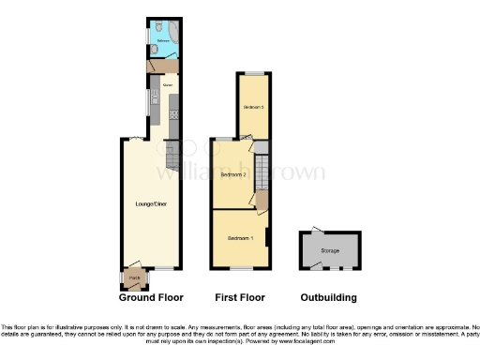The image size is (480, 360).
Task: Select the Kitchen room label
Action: pos(169,85)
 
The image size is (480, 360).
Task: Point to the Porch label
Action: pos(134,278)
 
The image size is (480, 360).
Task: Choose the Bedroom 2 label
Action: pos(233,175)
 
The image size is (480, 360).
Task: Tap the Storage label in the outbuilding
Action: pos(330,251)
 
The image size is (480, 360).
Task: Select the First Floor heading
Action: pos(240,298)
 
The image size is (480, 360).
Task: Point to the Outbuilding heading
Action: pos(328,298)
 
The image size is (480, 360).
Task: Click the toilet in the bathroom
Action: pos(160,27)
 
